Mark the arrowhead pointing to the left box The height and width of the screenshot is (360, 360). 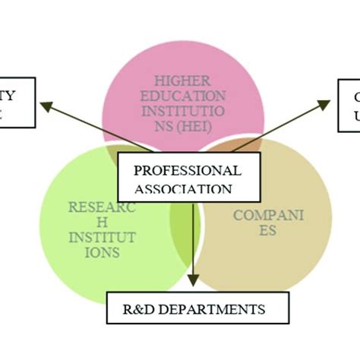pyautogui.click(x=46, y=106)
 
